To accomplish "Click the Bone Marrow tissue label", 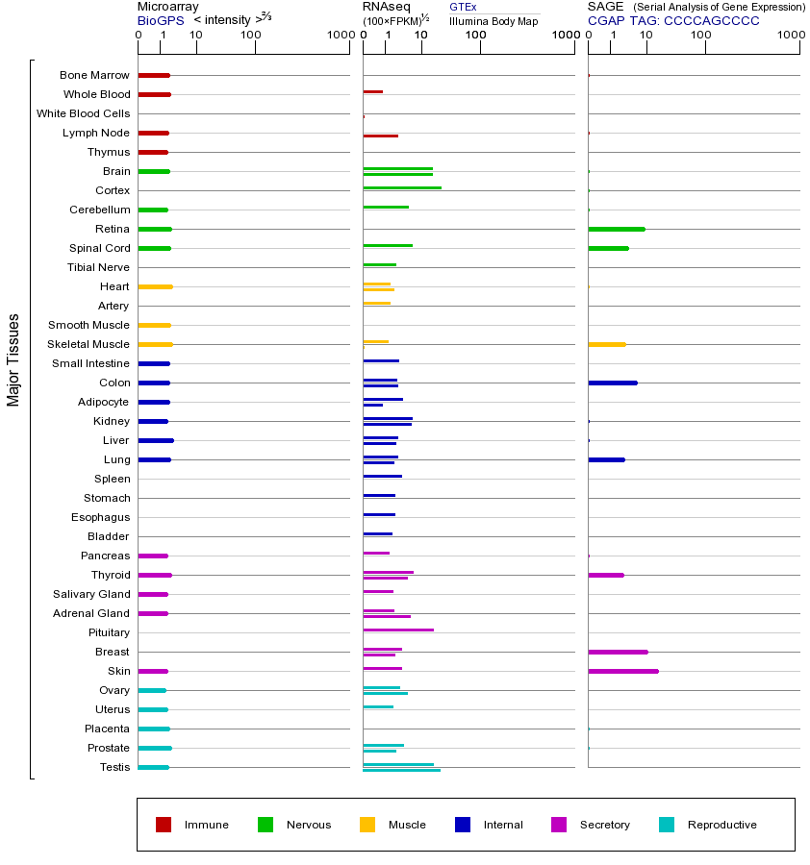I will tap(94, 75).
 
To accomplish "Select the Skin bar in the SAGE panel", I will tap(623, 671).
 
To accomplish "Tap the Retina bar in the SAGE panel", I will tap(617, 229).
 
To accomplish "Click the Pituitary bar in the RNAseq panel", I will tap(398, 630).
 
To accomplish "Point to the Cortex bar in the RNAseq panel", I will tap(402, 187).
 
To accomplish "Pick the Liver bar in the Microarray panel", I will tap(156, 440).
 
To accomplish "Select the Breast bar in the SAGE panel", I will tap(618, 652).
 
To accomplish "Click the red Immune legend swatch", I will tap(164, 825).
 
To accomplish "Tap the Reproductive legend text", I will tap(721, 825).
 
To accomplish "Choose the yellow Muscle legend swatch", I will tap(367, 825).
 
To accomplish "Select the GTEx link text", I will tap(463, 8).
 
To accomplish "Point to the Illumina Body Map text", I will tap(494, 21).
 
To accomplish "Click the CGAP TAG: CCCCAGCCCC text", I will tap(673, 20).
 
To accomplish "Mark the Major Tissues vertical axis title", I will tap(13, 359).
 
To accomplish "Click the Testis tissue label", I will tap(114, 767).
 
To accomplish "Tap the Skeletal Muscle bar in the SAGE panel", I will tap(607, 344).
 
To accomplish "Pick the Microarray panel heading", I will tap(167, 7).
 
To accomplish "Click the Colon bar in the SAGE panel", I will tap(613, 383).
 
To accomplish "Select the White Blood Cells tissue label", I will tap(83, 113).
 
